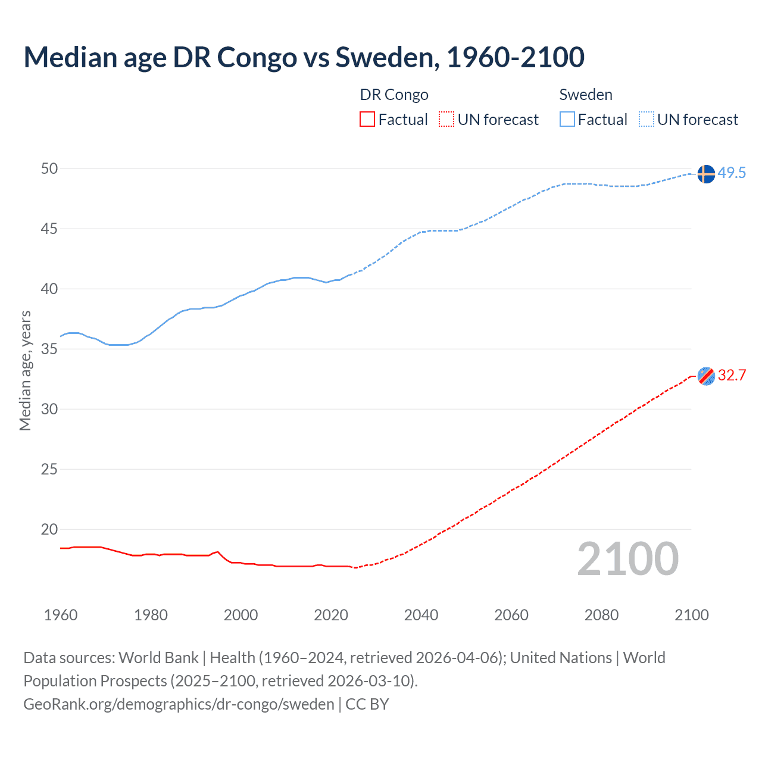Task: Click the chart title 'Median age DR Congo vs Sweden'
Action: [x=304, y=57]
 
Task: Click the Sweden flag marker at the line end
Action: [x=705, y=174]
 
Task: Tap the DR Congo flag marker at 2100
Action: [x=705, y=376]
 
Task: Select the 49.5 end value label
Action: [x=732, y=173]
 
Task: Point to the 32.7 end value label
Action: [x=732, y=376]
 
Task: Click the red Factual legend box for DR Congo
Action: [x=367, y=120]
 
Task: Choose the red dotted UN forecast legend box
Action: [x=446, y=120]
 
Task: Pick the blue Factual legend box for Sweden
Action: [x=567, y=120]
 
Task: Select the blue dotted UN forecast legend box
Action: [x=646, y=120]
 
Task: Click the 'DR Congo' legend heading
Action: [x=394, y=95]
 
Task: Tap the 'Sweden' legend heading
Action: [x=586, y=95]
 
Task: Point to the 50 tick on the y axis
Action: [x=49, y=169]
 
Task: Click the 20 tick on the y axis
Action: [x=49, y=529]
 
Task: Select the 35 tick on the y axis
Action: [x=49, y=349]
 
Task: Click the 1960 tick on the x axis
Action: [x=61, y=615]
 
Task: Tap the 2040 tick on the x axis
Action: [x=421, y=615]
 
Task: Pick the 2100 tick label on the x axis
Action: [x=691, y=615]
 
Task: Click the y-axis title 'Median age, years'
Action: [x=25, y=370]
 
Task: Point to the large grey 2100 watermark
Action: [x=627, y=559]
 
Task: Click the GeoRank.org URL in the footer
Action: [x=179, y=704]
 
